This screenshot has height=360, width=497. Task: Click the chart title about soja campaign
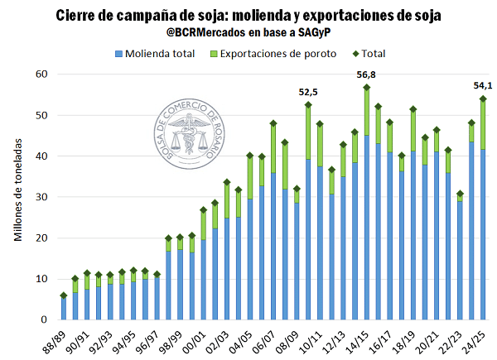pyautogui.click(x=248, y=17)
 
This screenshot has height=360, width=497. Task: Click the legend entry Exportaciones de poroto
pyautogui.click(x=267, y=54)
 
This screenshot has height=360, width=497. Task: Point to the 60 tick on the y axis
pyautogui.click(x=43, y=74)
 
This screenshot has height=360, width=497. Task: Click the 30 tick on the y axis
pyautogui.click(x=43, y=197)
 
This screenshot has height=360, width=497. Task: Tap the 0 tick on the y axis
pyautogui.click(x=46, y=319)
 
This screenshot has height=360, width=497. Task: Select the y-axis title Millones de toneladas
pyautogui.click(x=18, y=197)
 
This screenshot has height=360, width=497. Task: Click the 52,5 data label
pyautogui.click(x=309, y=92)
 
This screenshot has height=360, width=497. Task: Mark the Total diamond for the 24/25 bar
pyautogui.click(x=483, y=98)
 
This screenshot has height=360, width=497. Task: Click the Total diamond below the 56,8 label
pyautogui.click(x=367, y=88)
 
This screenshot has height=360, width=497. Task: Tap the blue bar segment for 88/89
pyautogui.click(x=64, y=308)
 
